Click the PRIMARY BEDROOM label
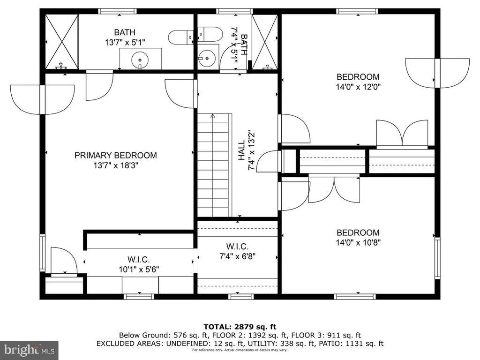tap(116, 155)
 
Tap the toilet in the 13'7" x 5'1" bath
tap(180, 37)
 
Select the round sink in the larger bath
tap(140, 60)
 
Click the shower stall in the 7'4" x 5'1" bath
tap(265, 42)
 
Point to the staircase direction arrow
tap(213, 116)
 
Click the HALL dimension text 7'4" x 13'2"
tap(251, 150)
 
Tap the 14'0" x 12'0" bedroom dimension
tap(358, 87)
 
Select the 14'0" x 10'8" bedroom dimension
tap(358, 243)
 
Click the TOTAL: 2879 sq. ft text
tap(240, 327)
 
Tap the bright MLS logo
tap(30, 350)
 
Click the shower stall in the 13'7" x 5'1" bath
tap(62, 42)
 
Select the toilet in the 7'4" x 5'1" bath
tap(210, 34)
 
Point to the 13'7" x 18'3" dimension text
tap(116, 165)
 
